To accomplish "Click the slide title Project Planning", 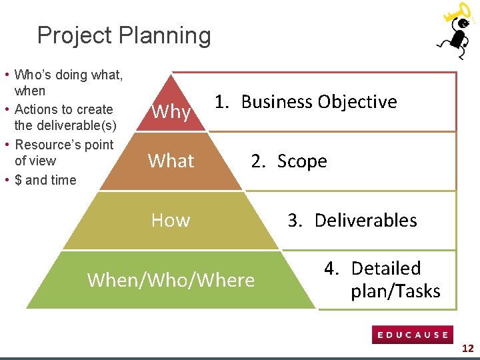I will (124, 35).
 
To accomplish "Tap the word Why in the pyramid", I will (171, 112).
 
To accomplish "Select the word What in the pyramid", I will (171, 161).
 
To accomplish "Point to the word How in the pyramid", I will (171, 220).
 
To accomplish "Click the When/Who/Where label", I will (171, 280).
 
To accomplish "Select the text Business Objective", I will (319, 102).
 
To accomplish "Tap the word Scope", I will (302, 161).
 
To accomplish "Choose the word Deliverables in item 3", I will (365, 221).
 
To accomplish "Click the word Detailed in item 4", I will (386, 269).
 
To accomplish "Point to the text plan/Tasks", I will (395, 291).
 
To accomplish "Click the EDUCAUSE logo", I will (413, 335).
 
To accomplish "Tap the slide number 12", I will (468, 348).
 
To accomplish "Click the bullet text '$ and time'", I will (45, 180).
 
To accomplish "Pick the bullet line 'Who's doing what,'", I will (68, 75).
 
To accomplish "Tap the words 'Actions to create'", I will (63, 109).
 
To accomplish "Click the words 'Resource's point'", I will (64, 145).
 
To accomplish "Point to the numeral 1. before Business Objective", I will (223, 102).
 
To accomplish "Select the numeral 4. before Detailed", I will (332, 269).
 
